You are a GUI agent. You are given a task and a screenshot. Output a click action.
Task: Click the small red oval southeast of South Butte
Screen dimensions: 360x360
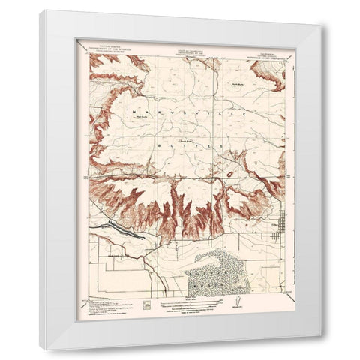(228, 175)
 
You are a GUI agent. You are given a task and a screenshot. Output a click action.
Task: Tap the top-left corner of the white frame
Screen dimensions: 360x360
(40, 11)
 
